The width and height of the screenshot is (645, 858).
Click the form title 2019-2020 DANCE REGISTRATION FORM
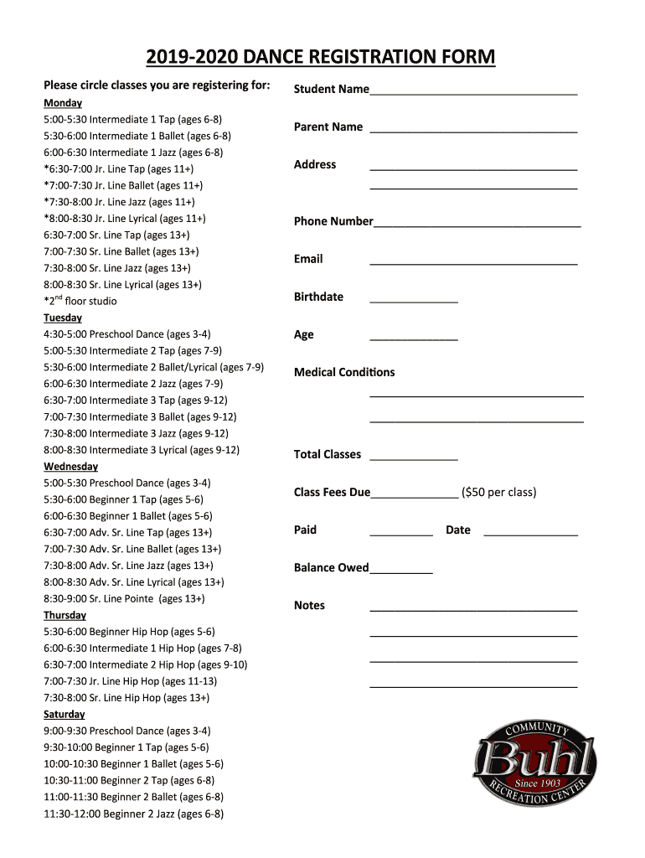coord(321,57)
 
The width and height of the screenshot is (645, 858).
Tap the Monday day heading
coord(63,103)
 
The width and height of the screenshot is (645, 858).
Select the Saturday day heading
coord(64,714)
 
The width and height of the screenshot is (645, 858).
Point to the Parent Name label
coord(328,127)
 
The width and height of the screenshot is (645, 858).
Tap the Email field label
coord(308,259)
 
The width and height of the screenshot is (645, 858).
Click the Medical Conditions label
coord(344,372)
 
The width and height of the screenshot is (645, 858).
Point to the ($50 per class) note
coord(498,492)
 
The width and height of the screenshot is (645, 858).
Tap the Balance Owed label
coord(331,567)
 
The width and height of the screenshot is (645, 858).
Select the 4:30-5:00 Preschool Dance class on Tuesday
coord(126,333)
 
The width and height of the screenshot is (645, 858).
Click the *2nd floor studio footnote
coord(80,301)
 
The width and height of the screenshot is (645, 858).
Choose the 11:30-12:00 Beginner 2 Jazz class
coord(133,814)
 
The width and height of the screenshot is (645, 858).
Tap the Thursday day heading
coord(64,615)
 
